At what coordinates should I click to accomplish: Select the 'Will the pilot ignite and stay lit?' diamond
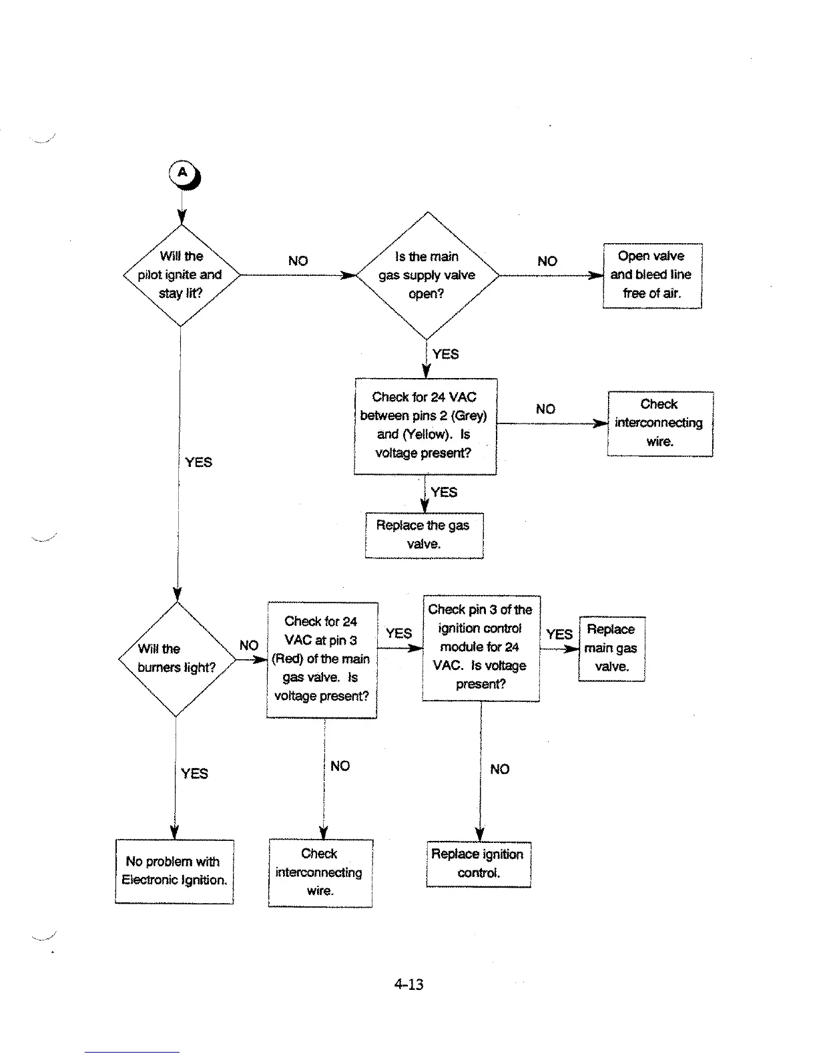[181, 275]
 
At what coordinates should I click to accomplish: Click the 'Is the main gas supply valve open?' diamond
[427, 275]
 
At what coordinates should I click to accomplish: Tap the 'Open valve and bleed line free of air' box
[652, 275]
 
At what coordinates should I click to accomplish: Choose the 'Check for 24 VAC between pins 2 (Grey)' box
[425, 425]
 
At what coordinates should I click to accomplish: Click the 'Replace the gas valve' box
[424, 534]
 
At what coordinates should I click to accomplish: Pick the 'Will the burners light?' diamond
[177, 659]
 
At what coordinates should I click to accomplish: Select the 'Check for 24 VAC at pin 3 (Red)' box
[322, 659]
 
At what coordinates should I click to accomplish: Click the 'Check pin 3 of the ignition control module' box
[481, 647]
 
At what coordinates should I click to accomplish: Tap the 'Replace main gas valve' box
[611, 648]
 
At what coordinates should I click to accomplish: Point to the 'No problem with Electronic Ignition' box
[174, 871]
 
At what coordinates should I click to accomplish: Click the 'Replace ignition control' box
[478, 864]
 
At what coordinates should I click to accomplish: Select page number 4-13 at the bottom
[408, 984]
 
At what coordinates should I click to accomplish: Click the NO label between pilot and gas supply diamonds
[298, 261]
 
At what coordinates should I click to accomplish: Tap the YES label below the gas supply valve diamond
[445, 354]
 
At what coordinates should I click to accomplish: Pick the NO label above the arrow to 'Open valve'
[547, 261]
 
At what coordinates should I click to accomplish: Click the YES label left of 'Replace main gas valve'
[559, 635]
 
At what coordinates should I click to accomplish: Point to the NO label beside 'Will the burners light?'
[249, 645]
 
